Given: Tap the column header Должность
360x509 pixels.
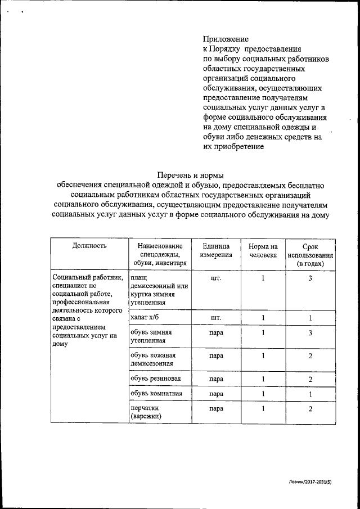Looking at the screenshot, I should click(89, 246).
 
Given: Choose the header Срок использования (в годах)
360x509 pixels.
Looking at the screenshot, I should click(310, 255).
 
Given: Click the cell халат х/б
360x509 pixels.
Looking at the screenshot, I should click(145, 318).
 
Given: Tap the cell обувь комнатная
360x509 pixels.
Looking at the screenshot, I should click(156, 393).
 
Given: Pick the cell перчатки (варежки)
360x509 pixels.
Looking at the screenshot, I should click(146, 412).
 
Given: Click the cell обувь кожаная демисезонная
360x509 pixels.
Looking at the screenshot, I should click(153, 359).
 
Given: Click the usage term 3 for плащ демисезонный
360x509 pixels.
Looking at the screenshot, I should click(310, 278).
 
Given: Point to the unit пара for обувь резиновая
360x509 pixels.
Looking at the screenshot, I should click(215, 379).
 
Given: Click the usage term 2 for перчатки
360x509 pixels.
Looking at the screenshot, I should click(310, 408).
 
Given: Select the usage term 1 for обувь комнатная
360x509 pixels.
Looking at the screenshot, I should click(310, 394).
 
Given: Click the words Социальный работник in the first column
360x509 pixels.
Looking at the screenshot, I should click(87, 277).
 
